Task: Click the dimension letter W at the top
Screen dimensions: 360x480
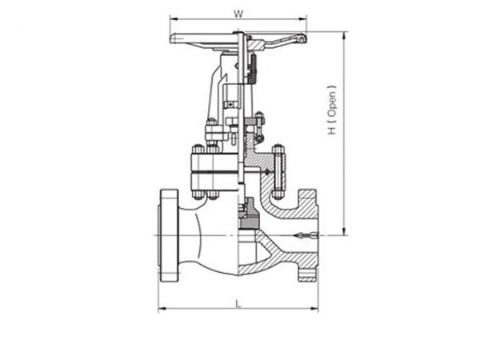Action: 238,13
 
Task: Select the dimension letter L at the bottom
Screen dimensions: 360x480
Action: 238,302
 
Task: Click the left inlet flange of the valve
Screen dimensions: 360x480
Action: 167,235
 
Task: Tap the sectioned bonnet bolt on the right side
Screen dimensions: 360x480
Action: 278,171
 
